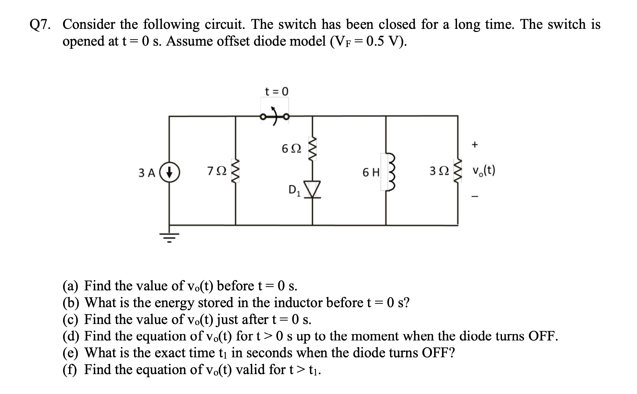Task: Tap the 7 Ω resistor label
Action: (217, 171)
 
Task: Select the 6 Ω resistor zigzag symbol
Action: (312, 148)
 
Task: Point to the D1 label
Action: (294, 190)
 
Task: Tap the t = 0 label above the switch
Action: (277, 91)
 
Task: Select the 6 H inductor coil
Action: (390, 172)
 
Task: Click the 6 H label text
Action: (371, 172)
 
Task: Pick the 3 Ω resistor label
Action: (439, 171)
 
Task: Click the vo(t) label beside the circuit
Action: (483, 171)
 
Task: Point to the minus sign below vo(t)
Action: (474, 197)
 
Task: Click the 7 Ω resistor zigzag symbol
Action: (235, 171)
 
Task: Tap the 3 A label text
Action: (147, 173)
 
